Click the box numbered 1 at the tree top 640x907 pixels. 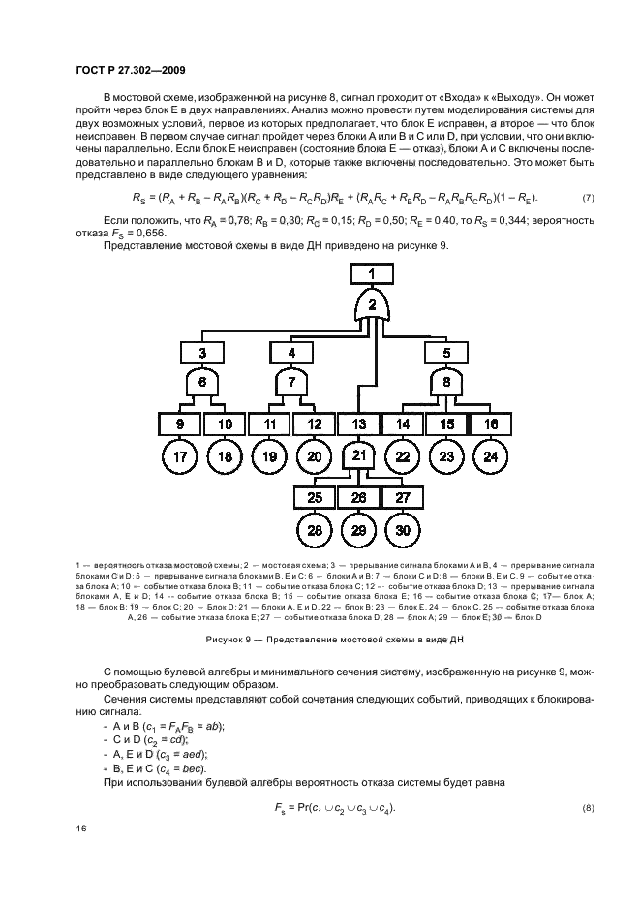click(x=370, y=275)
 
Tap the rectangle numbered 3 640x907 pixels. click(x=203, y=352)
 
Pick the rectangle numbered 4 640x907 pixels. click(x=291, y=352)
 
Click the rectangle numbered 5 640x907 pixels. click(x=446, y=352)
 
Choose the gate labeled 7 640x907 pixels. click(x=291, y=383)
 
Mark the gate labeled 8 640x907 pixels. click(x=446, y=383)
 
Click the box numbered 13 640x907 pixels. click(x=359, y=423)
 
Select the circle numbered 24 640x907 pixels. click(x=490, y=456)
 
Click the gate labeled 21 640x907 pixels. click(x=359, y=456)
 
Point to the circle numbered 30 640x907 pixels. click(x=403, y=529)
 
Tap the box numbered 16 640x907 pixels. click(x=490, y=423)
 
